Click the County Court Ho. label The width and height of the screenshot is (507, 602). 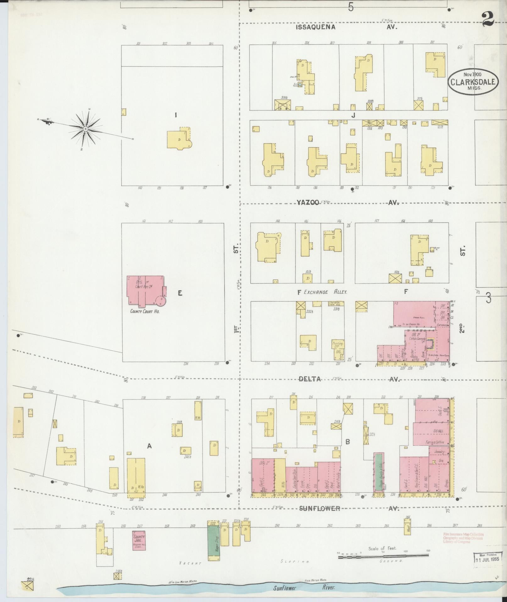(145, 311)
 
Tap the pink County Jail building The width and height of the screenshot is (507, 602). (139, 540)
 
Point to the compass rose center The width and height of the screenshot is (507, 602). (85, 129)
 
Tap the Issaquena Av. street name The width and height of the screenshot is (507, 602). (346, 27)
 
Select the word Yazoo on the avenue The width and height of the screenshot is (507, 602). (308, 203)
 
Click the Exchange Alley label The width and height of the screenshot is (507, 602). (325, 292)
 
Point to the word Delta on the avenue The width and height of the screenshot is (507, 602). (310, 379)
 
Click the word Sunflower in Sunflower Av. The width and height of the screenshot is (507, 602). (319, 509)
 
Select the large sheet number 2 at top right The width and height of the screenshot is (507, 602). (488, 20)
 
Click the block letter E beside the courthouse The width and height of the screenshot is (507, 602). (180, 293)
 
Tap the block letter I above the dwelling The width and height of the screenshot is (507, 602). (176, 115)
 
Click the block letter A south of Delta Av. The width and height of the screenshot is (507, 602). (150, 446)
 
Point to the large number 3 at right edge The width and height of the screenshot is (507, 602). (488, 298)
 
